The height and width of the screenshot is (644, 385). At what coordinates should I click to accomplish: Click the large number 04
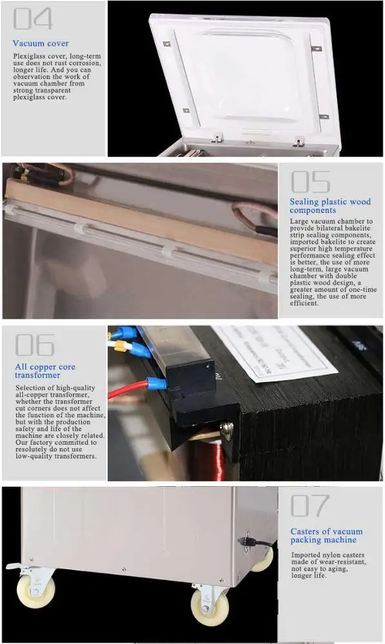(x=33, y=19)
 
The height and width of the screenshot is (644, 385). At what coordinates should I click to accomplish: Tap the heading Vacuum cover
(x=41, y=43)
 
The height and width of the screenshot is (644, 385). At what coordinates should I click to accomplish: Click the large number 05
(x=310, y=182)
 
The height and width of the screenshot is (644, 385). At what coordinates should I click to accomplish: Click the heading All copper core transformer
(x=45, y=371)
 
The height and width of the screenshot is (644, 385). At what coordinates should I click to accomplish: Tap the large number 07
(x=310, y=506)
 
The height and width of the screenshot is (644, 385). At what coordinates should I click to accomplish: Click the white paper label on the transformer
(x=274, y=351)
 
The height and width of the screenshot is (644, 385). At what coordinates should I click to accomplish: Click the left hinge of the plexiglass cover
(x=219, y=138)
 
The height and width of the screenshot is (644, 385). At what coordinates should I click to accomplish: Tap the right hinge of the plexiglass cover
(x=299, y=140)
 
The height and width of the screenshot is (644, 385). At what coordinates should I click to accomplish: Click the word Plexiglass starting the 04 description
(x=28, y=57)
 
